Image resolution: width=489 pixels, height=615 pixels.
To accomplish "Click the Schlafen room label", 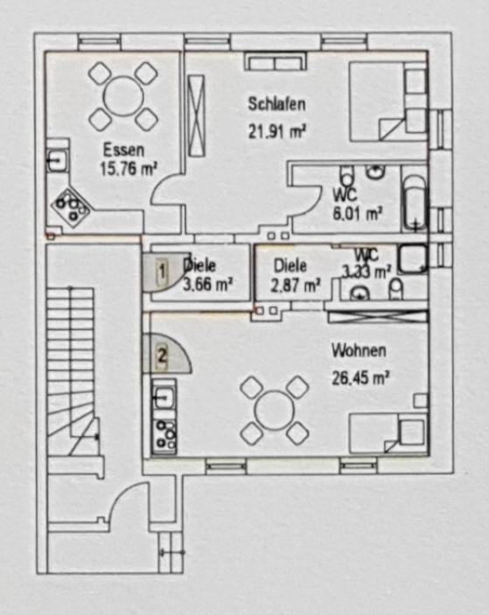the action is pyautogui.click(x=276, y=104).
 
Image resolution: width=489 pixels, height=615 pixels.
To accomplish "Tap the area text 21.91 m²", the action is pyautogui.click(x=276, y=131).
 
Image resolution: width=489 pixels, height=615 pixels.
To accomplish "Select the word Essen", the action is pyautogui.click(x=123, y=150).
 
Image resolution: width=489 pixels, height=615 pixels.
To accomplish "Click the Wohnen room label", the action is pyautogui.click(x=359, y=350).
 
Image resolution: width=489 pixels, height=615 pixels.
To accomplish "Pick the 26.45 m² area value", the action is pyautogui.click(x=360, y=379).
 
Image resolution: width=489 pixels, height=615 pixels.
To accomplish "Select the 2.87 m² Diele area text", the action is pyautogui.click(x=296, y=285).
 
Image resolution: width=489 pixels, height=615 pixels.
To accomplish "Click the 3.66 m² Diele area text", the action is pyautogui.click(x=208, y=284).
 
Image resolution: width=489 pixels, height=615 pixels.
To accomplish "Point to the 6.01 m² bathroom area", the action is pyautogui.click(x=357, y=213).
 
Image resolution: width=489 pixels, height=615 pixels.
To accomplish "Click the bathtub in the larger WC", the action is pyautogui.click(x=414, y=203).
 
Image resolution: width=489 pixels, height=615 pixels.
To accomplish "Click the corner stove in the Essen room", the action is pyautogui.click(x=72, y=208).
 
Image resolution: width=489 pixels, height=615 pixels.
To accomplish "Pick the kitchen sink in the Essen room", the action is pyautogui.click(x=58, y=160).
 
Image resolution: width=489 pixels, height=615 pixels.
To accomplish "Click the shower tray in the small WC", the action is pyautogui.click(x=413, y=259).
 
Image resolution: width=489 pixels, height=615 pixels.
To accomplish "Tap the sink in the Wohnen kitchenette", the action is pyautogui.click(x=164, y=397).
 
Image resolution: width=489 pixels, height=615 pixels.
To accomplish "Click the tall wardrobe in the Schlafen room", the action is pyautogui.click(x=196, y=115).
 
